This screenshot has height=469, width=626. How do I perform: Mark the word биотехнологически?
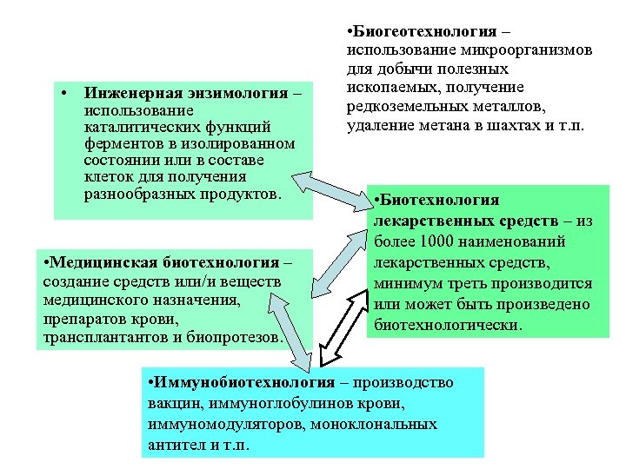pyautogui.click(x=449, y=326)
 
